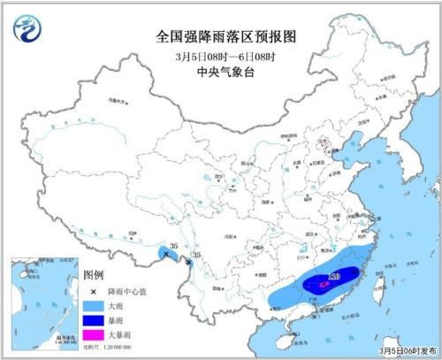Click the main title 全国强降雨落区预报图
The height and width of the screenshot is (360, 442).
pos(220,38)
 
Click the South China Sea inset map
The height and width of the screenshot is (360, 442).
pos(43,301)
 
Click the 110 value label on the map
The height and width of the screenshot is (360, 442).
pos(334,277)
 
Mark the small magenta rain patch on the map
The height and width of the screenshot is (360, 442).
pos(322,285)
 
